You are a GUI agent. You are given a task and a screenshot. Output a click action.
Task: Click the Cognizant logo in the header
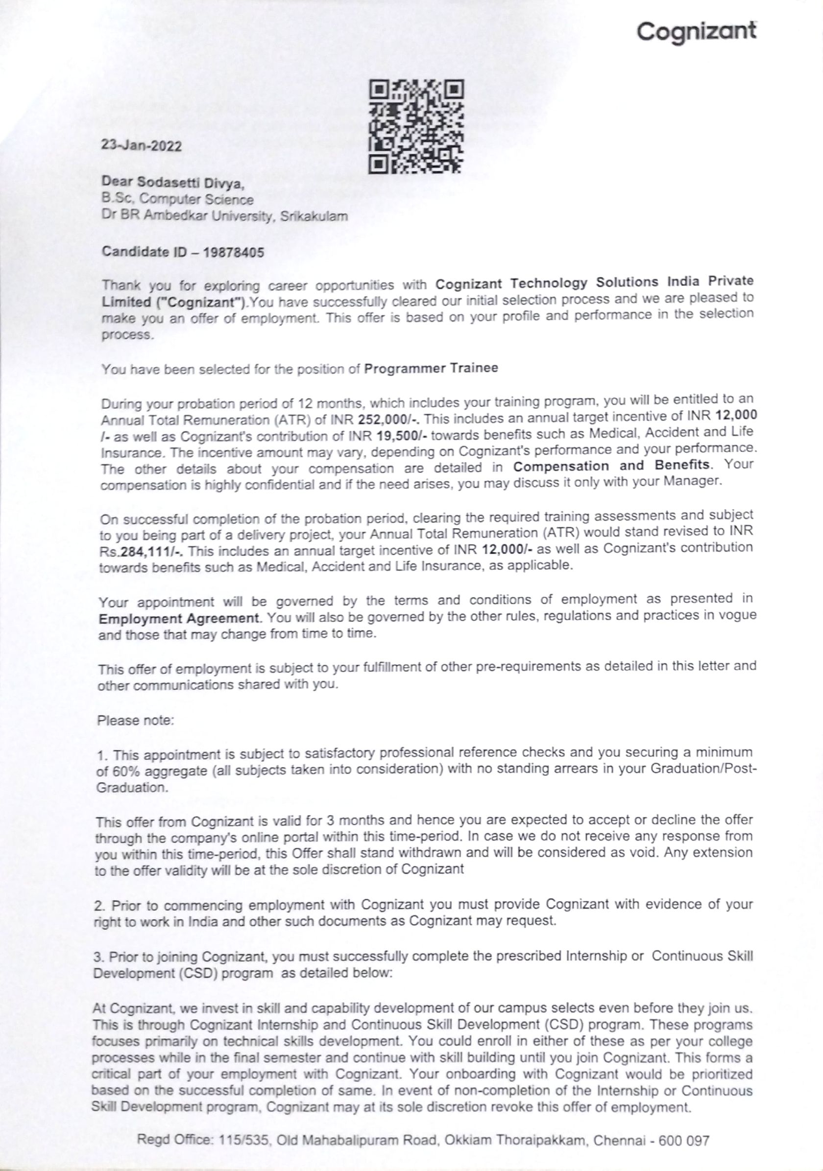click(697, 32)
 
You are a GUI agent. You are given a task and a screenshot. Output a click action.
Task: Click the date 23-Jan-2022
click(142, 145)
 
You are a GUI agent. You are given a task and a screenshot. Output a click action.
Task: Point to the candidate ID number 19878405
click(234, 252)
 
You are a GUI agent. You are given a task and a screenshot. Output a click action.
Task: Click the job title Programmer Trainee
click(431, 368)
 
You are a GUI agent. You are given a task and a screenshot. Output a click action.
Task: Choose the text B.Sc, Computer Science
click(177, 199)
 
